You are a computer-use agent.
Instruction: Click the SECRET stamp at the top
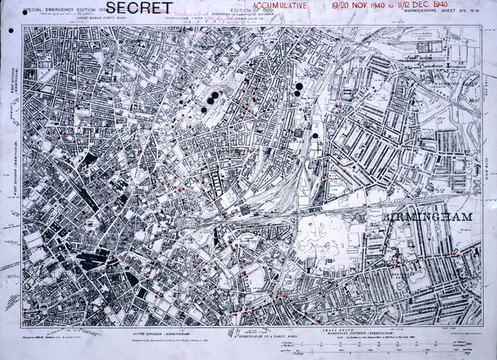(144, 9)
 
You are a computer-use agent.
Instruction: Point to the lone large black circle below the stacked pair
(315, 137)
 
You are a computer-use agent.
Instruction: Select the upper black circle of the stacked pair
(297, 85)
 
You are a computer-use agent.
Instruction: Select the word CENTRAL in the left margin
(11, 273)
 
